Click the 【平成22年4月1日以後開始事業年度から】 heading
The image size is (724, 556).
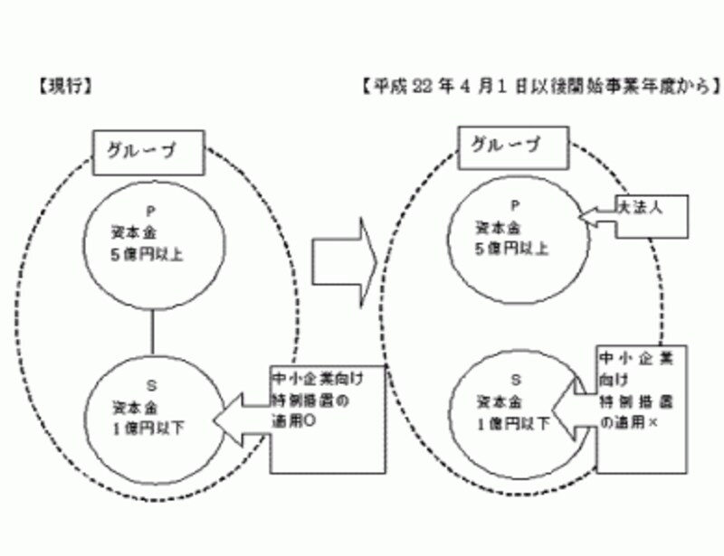click(x=539, y=88)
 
